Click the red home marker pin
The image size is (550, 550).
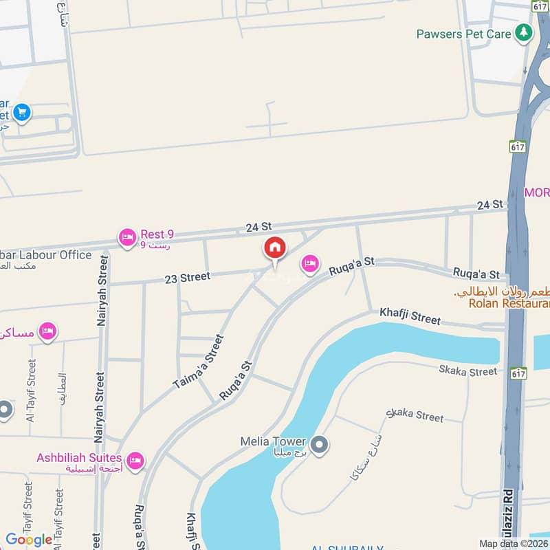point(274,248)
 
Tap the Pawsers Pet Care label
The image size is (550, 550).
point(465,34)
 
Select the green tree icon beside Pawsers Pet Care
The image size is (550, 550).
point(525,32)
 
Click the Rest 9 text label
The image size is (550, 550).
point(157,234)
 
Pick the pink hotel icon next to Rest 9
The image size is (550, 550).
point(127,239)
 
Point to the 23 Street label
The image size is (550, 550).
point(187,278)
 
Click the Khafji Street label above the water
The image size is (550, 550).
point(410,318)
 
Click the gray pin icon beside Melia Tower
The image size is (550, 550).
point(319,445)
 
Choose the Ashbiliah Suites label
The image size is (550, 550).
point(80,458)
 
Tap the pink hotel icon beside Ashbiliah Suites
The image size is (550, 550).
point(135,461)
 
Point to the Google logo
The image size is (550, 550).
point(30,540)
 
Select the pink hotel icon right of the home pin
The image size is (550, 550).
point(310,263)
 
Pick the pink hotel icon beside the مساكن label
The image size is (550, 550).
point(47,331)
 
